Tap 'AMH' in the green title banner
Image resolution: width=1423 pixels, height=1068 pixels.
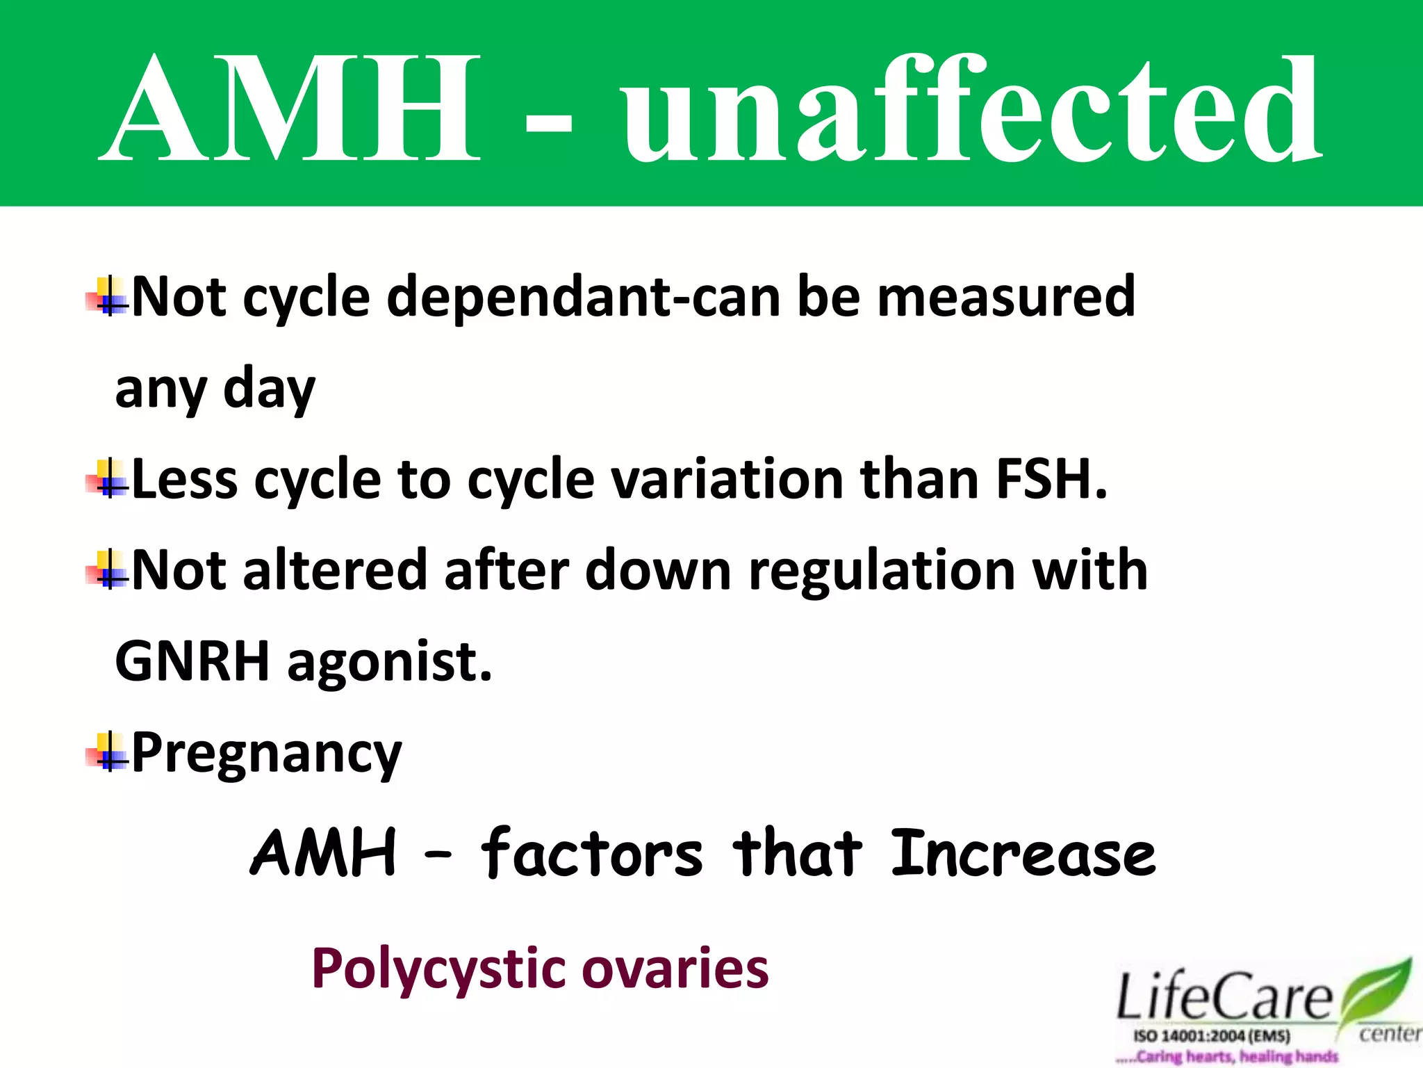(x=292, y=111)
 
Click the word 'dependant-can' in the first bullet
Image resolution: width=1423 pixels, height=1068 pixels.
(x=584, y=298)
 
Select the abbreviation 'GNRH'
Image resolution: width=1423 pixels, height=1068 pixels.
(x=192, y=661)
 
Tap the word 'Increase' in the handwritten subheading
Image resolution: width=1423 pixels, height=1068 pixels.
(x=1022, y=853)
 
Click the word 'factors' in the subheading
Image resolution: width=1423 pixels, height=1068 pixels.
(x=591, y=853)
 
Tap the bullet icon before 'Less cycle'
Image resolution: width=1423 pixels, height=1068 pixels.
(x=108, y=479)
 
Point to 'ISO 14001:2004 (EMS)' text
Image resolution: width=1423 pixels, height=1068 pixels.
(x=1212, y=1036)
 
